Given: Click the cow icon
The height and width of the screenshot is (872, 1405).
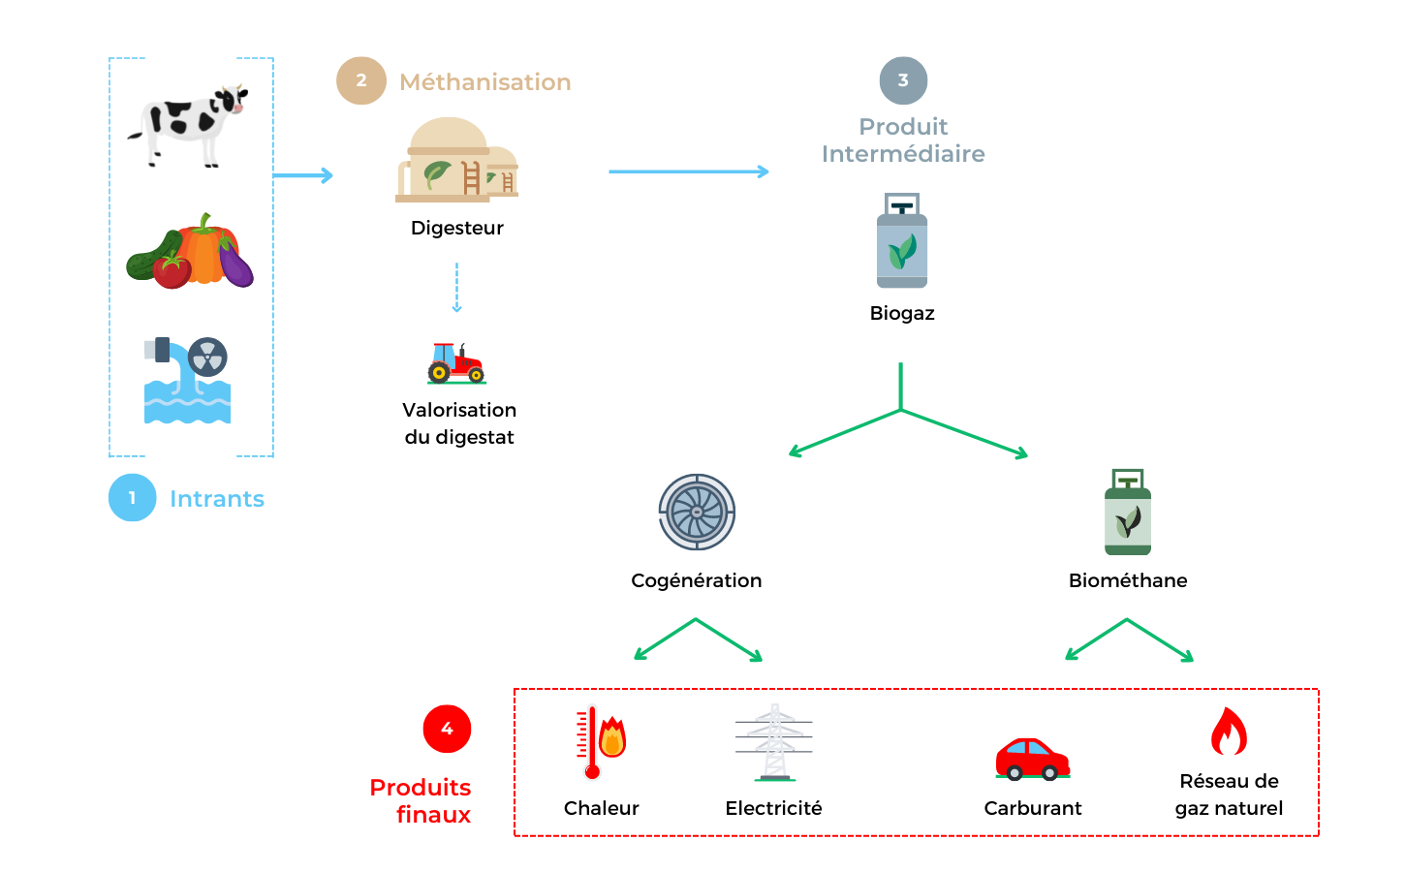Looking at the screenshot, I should pyautogui.click(x=189, y=123).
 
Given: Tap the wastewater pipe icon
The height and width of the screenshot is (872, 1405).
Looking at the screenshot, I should pyautogui.click(x=187, y=380).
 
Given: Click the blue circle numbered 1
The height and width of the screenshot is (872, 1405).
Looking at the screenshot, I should pyautogui.click(x=133, y=498).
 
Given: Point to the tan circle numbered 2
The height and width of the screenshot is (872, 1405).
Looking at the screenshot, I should pyautogui.click(x=361, y=80).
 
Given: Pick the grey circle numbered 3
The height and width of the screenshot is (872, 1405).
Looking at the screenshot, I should pyautogui.click(x=903, y=80).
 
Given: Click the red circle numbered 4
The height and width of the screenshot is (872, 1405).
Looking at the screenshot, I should pyautogui.click(x=447, y=729).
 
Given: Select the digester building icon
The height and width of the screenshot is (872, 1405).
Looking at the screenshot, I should pyautogui.click(x=456, y=161).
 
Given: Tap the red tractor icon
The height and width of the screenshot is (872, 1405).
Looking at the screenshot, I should pyautogui.click(x=456, y=363).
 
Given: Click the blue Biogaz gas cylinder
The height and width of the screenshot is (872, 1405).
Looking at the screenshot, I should pyautogui.click(x=902, y=241).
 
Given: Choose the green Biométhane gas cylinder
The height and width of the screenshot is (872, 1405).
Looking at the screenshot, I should pyautogui.click(x=1128, y=514).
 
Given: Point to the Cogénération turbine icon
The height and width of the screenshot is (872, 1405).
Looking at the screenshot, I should pyautogui.click(x=697, y=513).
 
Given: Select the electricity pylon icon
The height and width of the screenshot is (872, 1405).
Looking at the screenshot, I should pyautogui.click(x=774, y=742).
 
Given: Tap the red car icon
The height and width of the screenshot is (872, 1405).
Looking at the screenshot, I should pyautogui.click(x=1033, y=759).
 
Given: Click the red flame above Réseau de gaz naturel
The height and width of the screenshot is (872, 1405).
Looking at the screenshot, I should pyautogui.click(x=1229, y=732).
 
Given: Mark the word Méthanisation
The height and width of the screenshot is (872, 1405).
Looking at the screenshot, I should pyautogui.click(x=484, y=82).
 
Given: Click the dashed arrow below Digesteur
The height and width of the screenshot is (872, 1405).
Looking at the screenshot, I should pyautogui.click(x=456, y=288).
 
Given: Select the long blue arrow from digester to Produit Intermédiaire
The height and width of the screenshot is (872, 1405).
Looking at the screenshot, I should pyautogui.click(x=688, y=171).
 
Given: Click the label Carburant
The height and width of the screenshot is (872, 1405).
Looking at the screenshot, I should pyautogui.click(x=1033, y=808).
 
